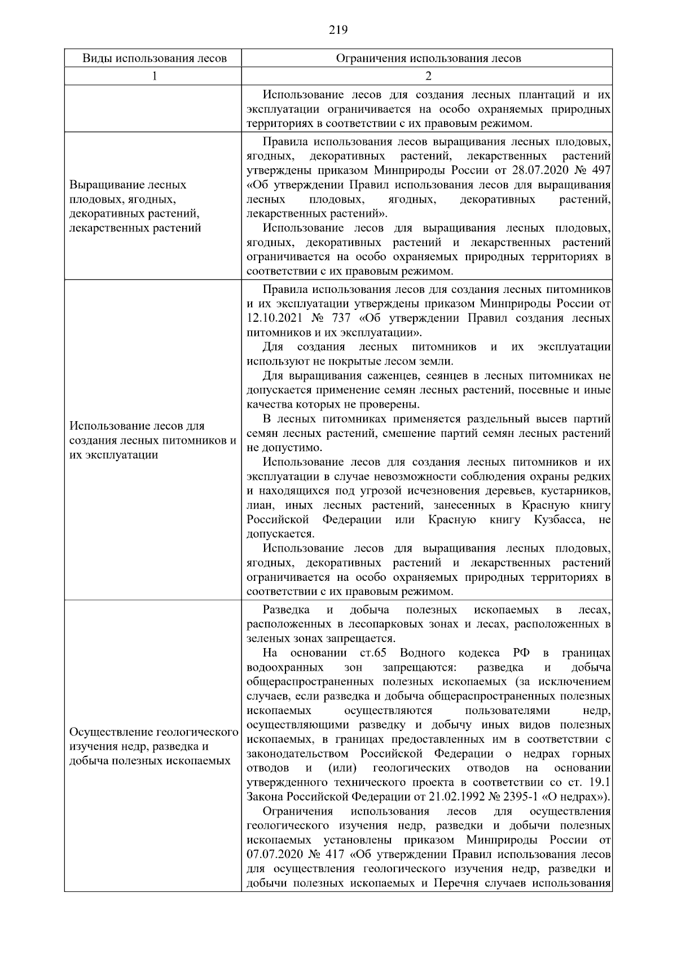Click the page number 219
(338, 30)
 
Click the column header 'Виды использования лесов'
(153, 58)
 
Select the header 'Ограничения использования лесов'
(428, 58)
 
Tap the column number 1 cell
(153, 76)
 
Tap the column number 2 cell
(428, 76)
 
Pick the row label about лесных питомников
(152, 440)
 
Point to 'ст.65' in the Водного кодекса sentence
(372, 653)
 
